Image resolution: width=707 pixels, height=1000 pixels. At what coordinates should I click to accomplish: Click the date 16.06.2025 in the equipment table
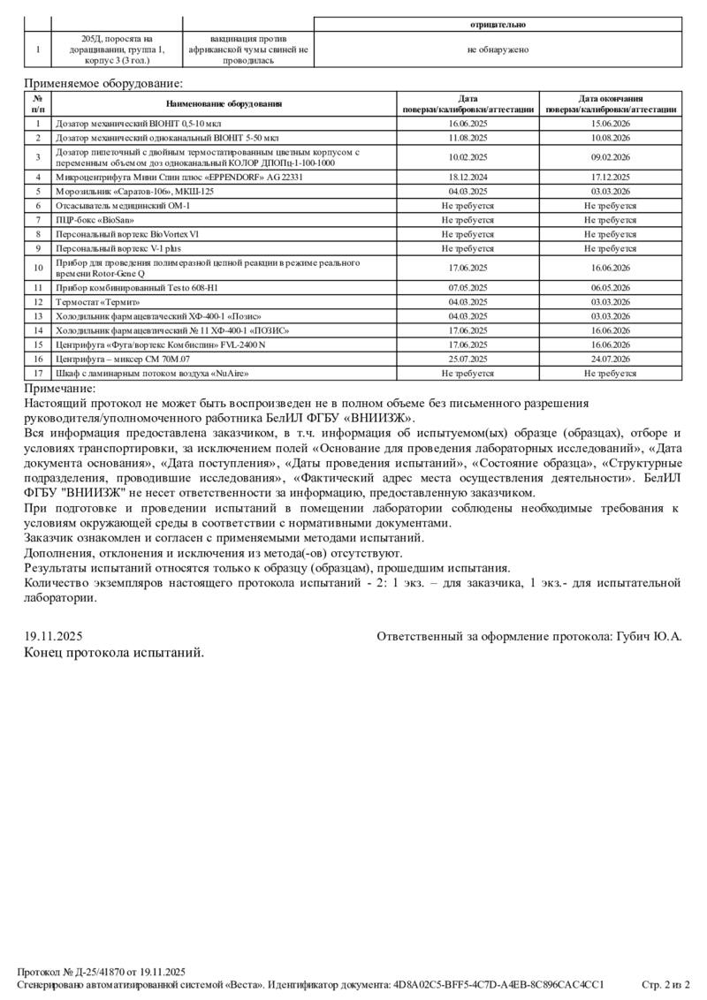point(469,125)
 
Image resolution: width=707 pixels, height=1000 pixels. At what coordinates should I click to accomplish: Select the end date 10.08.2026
point(610,138)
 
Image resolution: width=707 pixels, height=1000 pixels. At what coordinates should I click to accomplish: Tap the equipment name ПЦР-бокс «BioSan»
point(97,219)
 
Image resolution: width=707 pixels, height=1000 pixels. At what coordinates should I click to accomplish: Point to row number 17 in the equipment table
point(38,374)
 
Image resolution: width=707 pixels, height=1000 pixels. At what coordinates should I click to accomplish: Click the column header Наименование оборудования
point(224,104)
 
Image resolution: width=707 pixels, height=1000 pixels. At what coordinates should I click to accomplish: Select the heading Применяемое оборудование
point(103,83)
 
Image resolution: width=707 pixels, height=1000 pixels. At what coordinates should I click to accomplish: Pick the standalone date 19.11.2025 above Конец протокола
point(54,636)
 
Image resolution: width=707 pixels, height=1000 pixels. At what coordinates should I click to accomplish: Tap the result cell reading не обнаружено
point(498,49)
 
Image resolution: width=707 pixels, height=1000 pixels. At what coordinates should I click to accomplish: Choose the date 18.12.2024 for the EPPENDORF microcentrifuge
point(469,177)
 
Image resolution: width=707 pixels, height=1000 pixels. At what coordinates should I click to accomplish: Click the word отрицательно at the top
point(498,26)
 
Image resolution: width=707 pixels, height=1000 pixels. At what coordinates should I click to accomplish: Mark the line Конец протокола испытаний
point(114,653)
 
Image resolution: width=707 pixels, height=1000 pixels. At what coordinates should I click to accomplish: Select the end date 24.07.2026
point(610,360)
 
